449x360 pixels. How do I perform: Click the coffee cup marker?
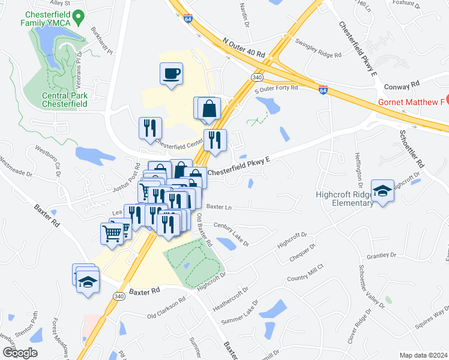[x=172, y=74]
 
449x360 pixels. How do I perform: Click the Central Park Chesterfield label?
[x=65, y=100]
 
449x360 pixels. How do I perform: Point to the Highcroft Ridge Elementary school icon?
[x=382, y=191]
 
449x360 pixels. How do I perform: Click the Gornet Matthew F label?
[x=411, y=102]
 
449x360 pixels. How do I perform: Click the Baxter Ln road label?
[x=218, y=206]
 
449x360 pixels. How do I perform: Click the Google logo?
[x=20, y=353]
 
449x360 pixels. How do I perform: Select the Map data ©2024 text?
[x=423, y=355]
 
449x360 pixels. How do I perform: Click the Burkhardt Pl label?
[x=102, y=40]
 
